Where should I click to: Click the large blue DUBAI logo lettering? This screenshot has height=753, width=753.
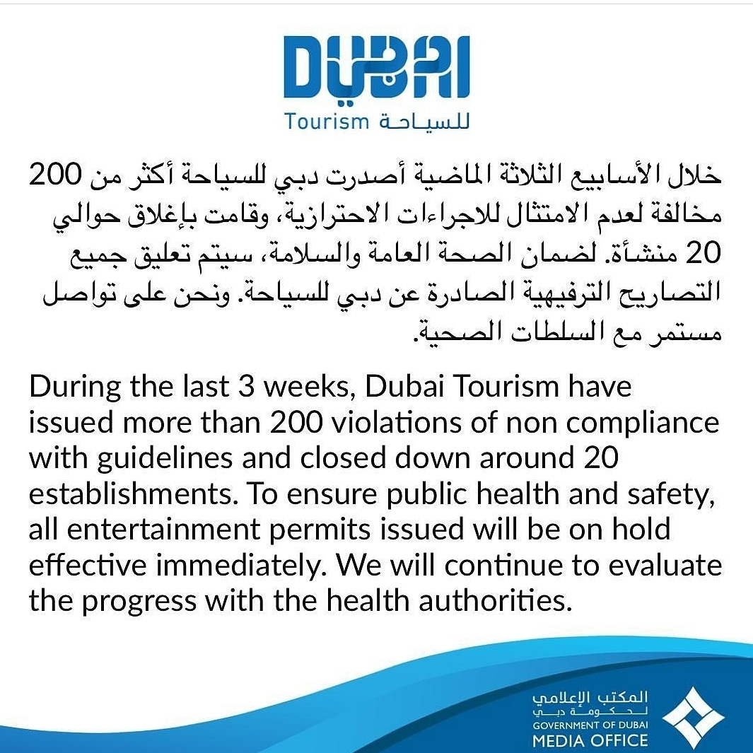click(376, 66)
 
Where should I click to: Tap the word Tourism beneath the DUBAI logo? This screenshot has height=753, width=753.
click(327, 122)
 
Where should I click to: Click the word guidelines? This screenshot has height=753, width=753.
click(160, 459)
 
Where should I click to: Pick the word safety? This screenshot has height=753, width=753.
click(675, 494)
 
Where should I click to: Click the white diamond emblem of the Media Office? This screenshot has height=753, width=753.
click(693, 718)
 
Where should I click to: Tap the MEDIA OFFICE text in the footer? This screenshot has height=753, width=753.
click(590, 740)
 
